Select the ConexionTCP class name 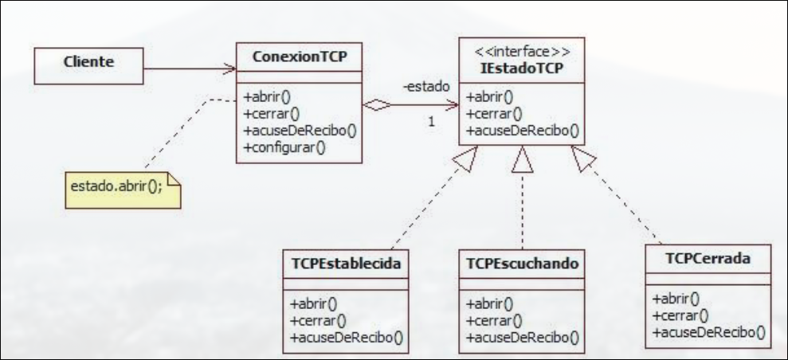point(299,57)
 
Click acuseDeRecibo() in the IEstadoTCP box point(522,131)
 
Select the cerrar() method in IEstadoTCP point(491,114)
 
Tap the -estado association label point(427,85)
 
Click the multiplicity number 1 point(431,123)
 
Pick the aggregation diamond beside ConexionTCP point(378,104)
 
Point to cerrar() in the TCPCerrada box point(677,315)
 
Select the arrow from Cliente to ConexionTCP point(191,68)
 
